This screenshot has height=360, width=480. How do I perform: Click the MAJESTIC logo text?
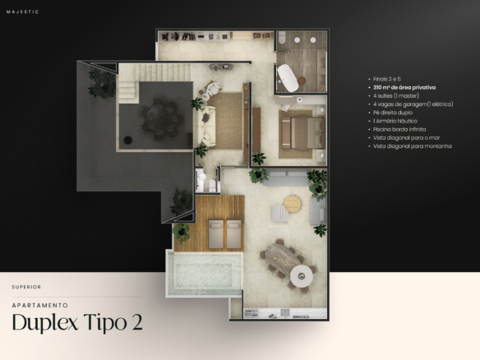[23, 12]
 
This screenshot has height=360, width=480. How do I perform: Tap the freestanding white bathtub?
[288, 78]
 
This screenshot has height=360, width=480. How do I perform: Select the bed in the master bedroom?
[303, 133]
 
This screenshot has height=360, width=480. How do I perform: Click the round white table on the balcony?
[302, 276]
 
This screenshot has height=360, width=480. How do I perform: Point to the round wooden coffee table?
[293, 204]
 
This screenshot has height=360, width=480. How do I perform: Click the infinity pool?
[205, 273]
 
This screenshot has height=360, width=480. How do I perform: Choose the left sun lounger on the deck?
[216, 233]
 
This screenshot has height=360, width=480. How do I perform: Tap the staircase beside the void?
[147, 81]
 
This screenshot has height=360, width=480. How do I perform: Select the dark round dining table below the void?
[162, 118]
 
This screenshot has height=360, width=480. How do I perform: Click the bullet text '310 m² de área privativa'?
[404, 88]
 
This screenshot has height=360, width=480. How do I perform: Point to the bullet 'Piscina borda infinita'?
[399, 130]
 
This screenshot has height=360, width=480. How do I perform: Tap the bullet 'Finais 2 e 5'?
[387, 79]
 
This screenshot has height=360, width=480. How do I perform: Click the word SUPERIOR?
[26, 287]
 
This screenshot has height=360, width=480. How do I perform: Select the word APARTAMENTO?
[40, 305]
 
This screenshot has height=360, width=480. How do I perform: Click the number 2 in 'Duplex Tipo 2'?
[137, 322]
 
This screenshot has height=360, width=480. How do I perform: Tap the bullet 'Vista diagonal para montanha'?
[413, 146]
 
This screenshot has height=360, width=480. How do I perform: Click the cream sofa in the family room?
[206, 126]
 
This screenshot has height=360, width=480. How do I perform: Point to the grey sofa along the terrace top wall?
[285, 178]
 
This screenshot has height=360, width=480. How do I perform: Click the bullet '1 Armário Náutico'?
[395, 121]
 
